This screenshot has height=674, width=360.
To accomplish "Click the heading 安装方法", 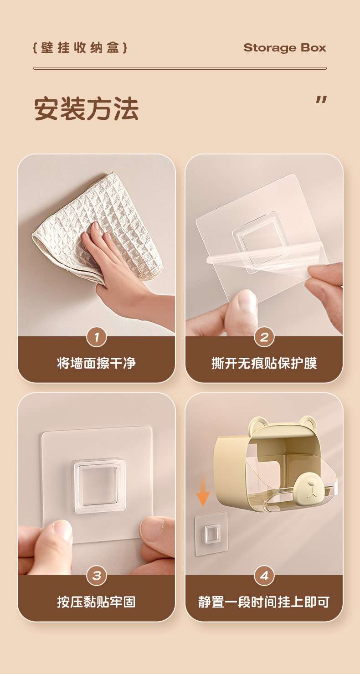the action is (x=87, y=108).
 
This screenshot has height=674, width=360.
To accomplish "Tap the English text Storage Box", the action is (x=285, y=47).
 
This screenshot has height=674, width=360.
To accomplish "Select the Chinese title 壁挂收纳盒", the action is (x=80, y=48).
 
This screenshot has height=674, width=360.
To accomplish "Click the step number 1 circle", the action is (x=97, y=337).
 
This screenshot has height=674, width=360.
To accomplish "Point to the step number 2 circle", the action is (x=264, y=337).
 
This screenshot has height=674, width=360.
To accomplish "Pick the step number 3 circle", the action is (x=97, y=576).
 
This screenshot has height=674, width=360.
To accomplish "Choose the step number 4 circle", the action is (x=264, y=576).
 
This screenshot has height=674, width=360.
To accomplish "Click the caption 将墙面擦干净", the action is (x=96, y=363).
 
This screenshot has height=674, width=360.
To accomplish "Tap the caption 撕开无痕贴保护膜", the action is (x=264, y=363).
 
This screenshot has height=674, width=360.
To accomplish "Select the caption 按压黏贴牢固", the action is (x=96, y=602).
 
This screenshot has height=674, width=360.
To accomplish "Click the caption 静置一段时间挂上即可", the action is (x=264, y=602).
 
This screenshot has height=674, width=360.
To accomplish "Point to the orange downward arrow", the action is (x=203, y=492).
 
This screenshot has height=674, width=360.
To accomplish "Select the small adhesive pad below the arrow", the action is (x=211, y=534).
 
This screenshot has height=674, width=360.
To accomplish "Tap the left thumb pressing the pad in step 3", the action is (x=57, y=539).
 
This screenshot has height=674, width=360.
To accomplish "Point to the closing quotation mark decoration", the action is (x=321, y=100).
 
